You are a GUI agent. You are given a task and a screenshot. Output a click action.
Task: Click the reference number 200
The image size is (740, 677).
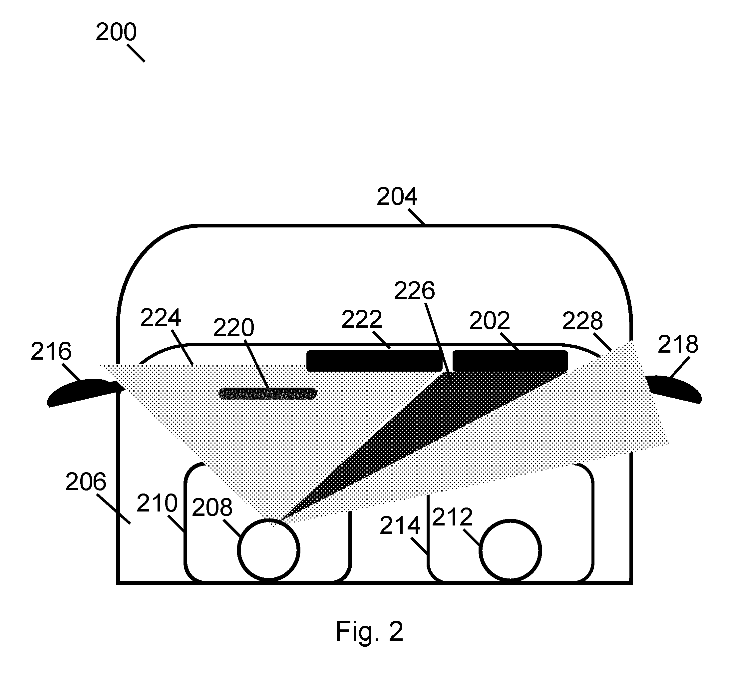[x=116, y=32]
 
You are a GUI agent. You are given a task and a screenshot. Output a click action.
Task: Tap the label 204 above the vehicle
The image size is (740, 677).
[x=397, y=197]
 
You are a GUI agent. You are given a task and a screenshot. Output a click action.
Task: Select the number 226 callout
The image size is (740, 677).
[x=414, y=291]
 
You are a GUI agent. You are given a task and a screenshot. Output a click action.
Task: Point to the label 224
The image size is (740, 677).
[x=161, y=318]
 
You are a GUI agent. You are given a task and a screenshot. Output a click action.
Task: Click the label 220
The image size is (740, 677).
[x=233, y=328]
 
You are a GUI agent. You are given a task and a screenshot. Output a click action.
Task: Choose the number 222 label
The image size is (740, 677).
[x=362, y=319]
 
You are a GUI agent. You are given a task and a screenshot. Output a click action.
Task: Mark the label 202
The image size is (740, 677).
[x=490, y=321]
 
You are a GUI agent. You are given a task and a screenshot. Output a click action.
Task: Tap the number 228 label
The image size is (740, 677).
[x=582, y=321]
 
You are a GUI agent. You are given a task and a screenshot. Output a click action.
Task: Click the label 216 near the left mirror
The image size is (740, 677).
[x=51, y=352]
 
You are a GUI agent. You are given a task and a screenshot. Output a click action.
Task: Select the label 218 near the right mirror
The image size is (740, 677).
[x=678, y=345]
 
